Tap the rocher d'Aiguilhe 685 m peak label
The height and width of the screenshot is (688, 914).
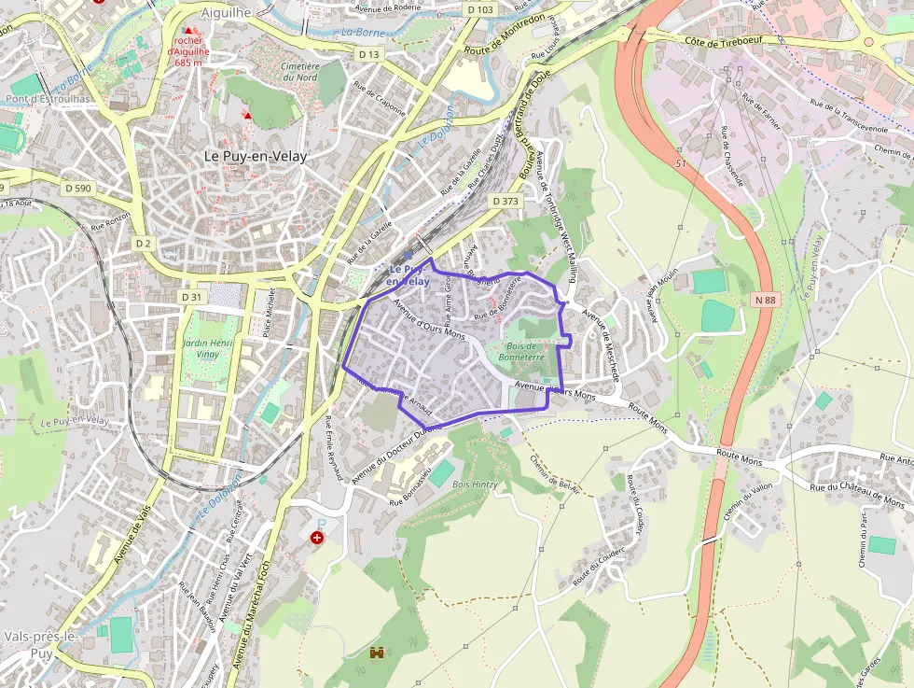pyautogui.click(x=188, y=51)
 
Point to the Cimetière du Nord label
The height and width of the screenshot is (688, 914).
pyautogui.click(x=299, y=72)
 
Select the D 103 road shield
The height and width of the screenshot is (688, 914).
pyautogui.click(x=479, y=9)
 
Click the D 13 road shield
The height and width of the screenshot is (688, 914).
pyautogui.click(x=369, y=55)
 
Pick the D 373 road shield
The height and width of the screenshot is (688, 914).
pyautogui.click(x=505, y=201)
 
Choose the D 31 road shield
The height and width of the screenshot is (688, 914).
pyautogui.click(x=191, y=297)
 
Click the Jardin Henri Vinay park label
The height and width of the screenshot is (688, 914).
pyautogui.click(x=209, y=349)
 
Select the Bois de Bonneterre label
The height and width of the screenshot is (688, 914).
pyautogui.click(x=533, y=351)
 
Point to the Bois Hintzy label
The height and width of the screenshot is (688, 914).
pyautogui.click(x=475, y=484)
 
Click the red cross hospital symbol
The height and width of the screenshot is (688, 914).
pyautogui.click(x=318, y=538)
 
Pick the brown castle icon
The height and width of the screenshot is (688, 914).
pyautogui.click(x=378, y=653)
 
